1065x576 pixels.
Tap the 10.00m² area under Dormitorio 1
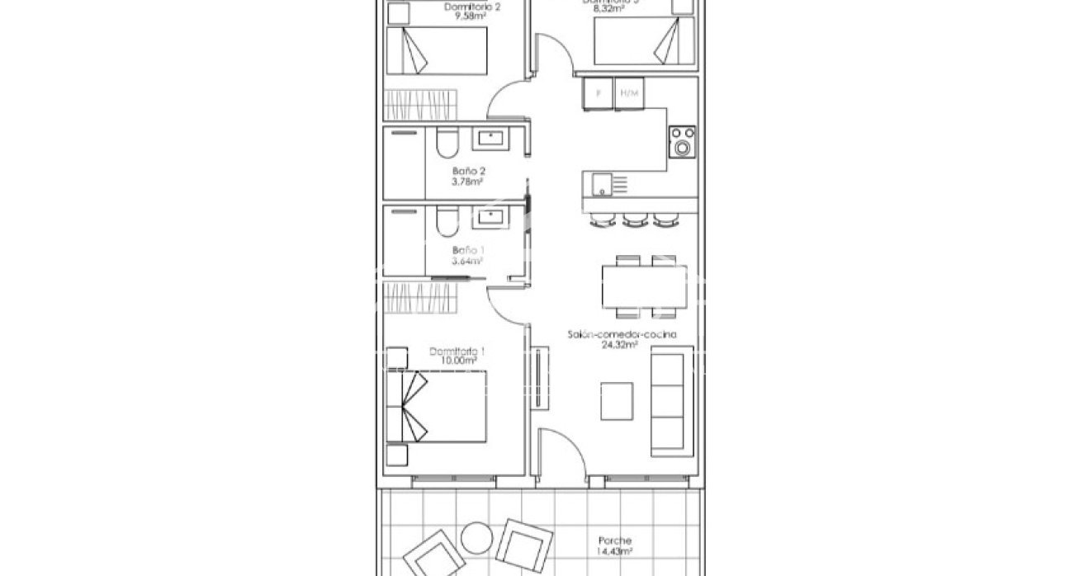click(x=457, y=361)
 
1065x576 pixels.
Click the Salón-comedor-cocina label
click(x=622, y=335)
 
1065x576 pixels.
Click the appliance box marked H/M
click(x=628, y=93)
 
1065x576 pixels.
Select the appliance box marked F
click(x=598, y=93)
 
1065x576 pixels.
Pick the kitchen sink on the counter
click(x=601, y=183)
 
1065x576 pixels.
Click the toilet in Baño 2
click(x=447, y=144)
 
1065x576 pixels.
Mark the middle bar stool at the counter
click(x=634, y=219)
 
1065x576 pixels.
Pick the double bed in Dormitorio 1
click(x=444, y=406)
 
